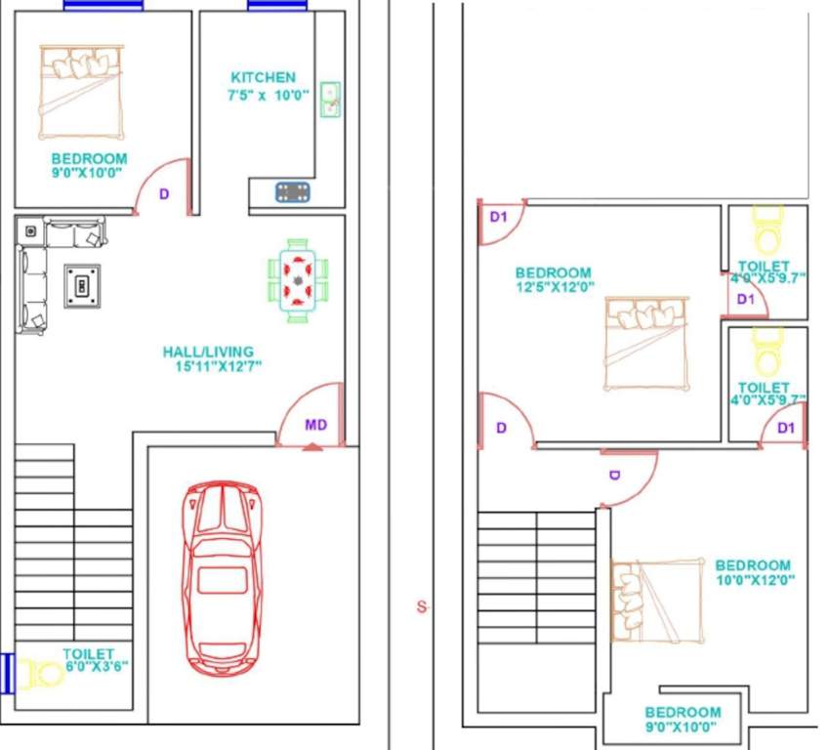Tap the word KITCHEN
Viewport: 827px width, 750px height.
[263, 77]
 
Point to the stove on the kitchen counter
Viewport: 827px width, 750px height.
[293, 191]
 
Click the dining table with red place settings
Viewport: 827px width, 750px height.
[298, 280]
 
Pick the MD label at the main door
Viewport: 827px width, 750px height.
[315, 425]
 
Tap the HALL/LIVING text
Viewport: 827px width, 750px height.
[208, 352]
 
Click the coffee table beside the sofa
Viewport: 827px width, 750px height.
[83, 286]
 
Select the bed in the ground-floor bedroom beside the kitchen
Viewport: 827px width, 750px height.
[81, 92]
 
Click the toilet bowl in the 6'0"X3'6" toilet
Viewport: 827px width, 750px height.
[44, 674]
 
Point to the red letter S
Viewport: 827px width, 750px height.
[422, 607]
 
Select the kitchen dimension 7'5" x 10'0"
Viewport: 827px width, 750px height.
[269, 96]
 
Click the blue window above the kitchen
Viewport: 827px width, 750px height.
[278, 5]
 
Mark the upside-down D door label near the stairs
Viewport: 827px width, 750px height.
[615, 476]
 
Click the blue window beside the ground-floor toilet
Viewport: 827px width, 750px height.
[8, 673]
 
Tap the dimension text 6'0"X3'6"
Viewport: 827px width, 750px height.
[96, 666]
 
